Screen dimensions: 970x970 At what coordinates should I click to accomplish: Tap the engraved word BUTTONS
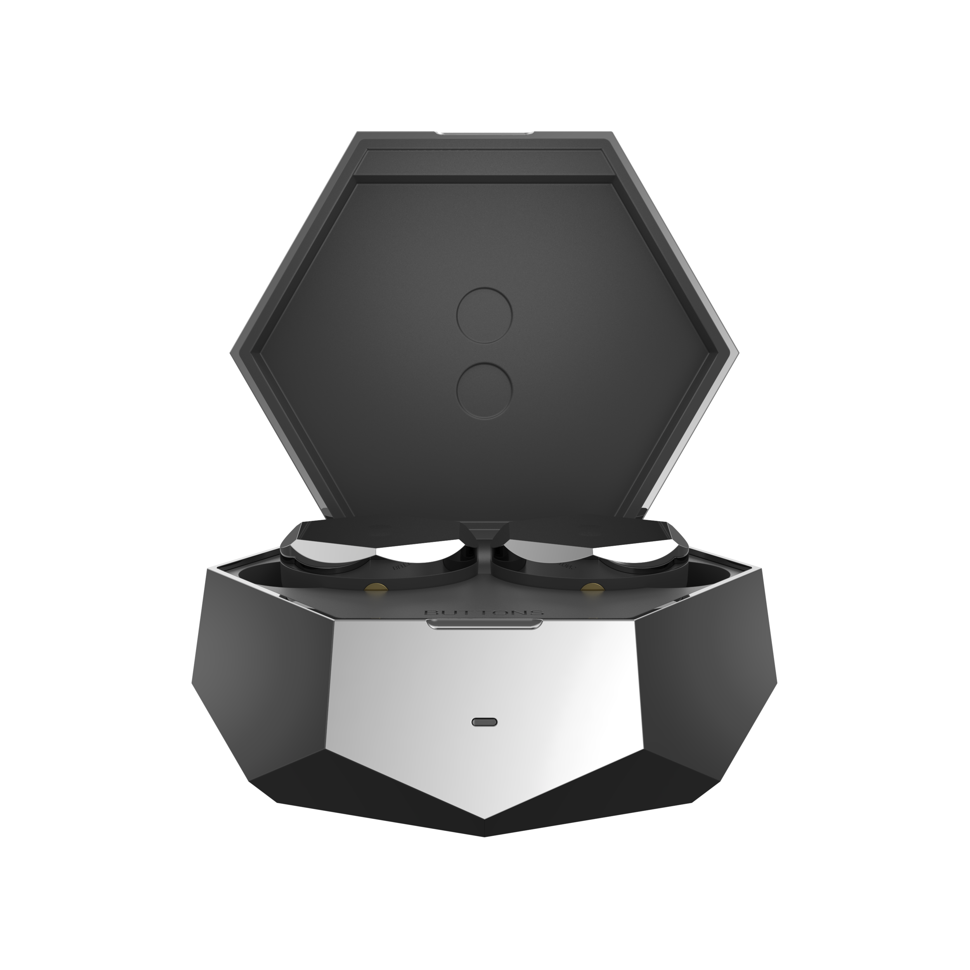(x=484, y=613)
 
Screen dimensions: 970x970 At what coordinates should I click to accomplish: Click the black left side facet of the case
(x=266, y=678)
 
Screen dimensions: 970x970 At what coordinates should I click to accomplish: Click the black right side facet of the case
(x=703, y=678)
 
